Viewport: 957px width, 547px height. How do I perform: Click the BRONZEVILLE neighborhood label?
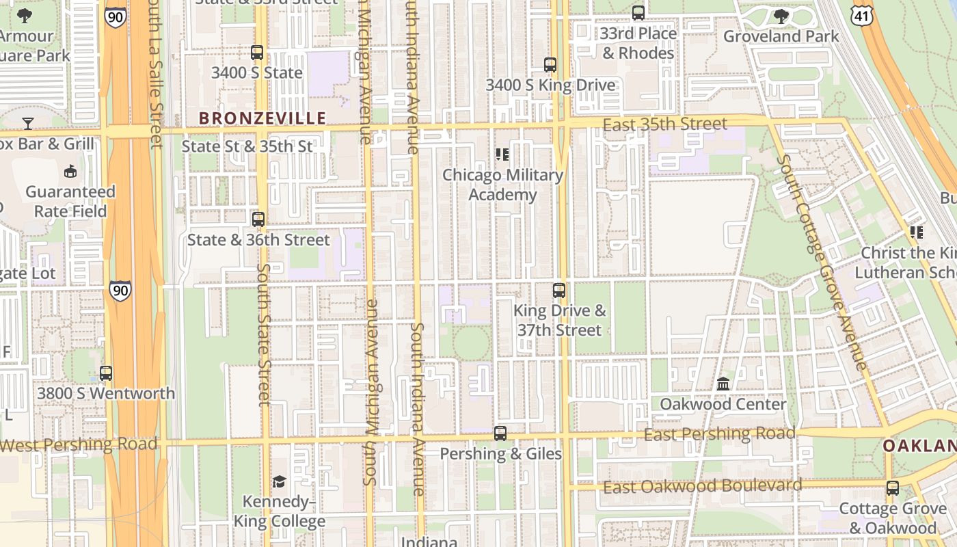coord(262,118)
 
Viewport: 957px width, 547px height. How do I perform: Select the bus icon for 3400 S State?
coord(257,53)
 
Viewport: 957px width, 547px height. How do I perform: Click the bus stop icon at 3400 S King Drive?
coord(550,65)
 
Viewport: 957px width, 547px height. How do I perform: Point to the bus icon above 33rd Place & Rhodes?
coord(638,13)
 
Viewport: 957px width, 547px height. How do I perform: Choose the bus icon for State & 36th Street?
coord(258,219)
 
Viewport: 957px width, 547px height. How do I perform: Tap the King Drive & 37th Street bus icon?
coord(559,291)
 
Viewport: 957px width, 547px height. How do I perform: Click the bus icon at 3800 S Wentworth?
coord(106,373)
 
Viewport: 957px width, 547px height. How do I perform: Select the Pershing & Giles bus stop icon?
coord(500,433)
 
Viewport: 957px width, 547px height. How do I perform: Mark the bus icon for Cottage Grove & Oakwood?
coord(893,488)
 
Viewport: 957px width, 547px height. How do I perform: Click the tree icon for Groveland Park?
coord(781,16)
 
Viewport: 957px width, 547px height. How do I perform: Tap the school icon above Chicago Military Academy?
coord(502,155)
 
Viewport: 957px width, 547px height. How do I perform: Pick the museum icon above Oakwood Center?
coord(723,384)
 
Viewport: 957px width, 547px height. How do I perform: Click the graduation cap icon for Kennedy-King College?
coord(279,482)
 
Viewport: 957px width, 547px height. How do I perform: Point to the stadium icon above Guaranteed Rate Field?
coord(70,171)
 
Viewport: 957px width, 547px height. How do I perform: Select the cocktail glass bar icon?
coord(28,123)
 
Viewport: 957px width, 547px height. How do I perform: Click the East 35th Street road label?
coord(665,124)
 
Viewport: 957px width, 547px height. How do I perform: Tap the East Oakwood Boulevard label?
coord(702,486)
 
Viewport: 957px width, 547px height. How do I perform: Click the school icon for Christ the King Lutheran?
coord(916,232)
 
